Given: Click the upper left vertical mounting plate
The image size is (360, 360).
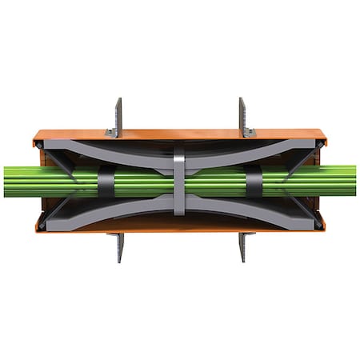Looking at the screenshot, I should pyautogui.click(x=118, y=114).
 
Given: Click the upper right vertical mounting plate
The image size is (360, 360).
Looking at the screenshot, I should pyautogui.click(x=241, y=114).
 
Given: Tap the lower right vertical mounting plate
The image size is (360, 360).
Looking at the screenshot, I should pyautogui.click(x=241, y=247).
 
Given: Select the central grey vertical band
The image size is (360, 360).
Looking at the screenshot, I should pyautogui.click(x=179, y=180).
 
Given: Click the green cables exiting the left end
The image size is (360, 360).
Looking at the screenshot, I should pyautogui.click(x=16, y=181).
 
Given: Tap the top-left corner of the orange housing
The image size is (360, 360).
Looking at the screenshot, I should pyautogui.click(x=36, y=136).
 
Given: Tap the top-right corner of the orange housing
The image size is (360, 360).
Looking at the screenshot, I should pyautogui.click(x=323, y=136).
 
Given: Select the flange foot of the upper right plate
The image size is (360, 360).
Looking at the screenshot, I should pyautogui.click(x=249, y=133).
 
